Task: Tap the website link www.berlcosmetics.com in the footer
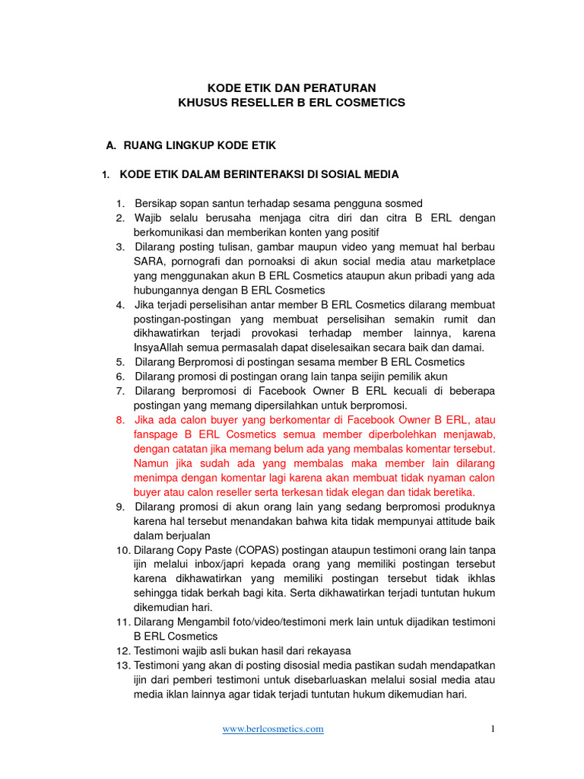(273, 729)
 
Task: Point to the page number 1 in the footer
(493, 729)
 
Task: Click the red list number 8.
(120, 420)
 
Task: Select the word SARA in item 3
(148, 262)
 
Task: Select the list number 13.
(122, 665)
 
